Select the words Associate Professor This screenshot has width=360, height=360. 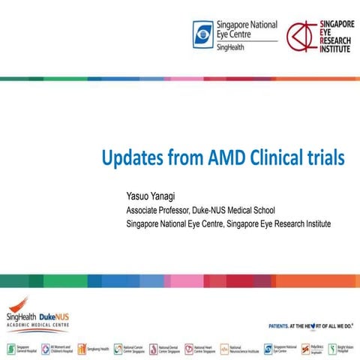tap(158, 210)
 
